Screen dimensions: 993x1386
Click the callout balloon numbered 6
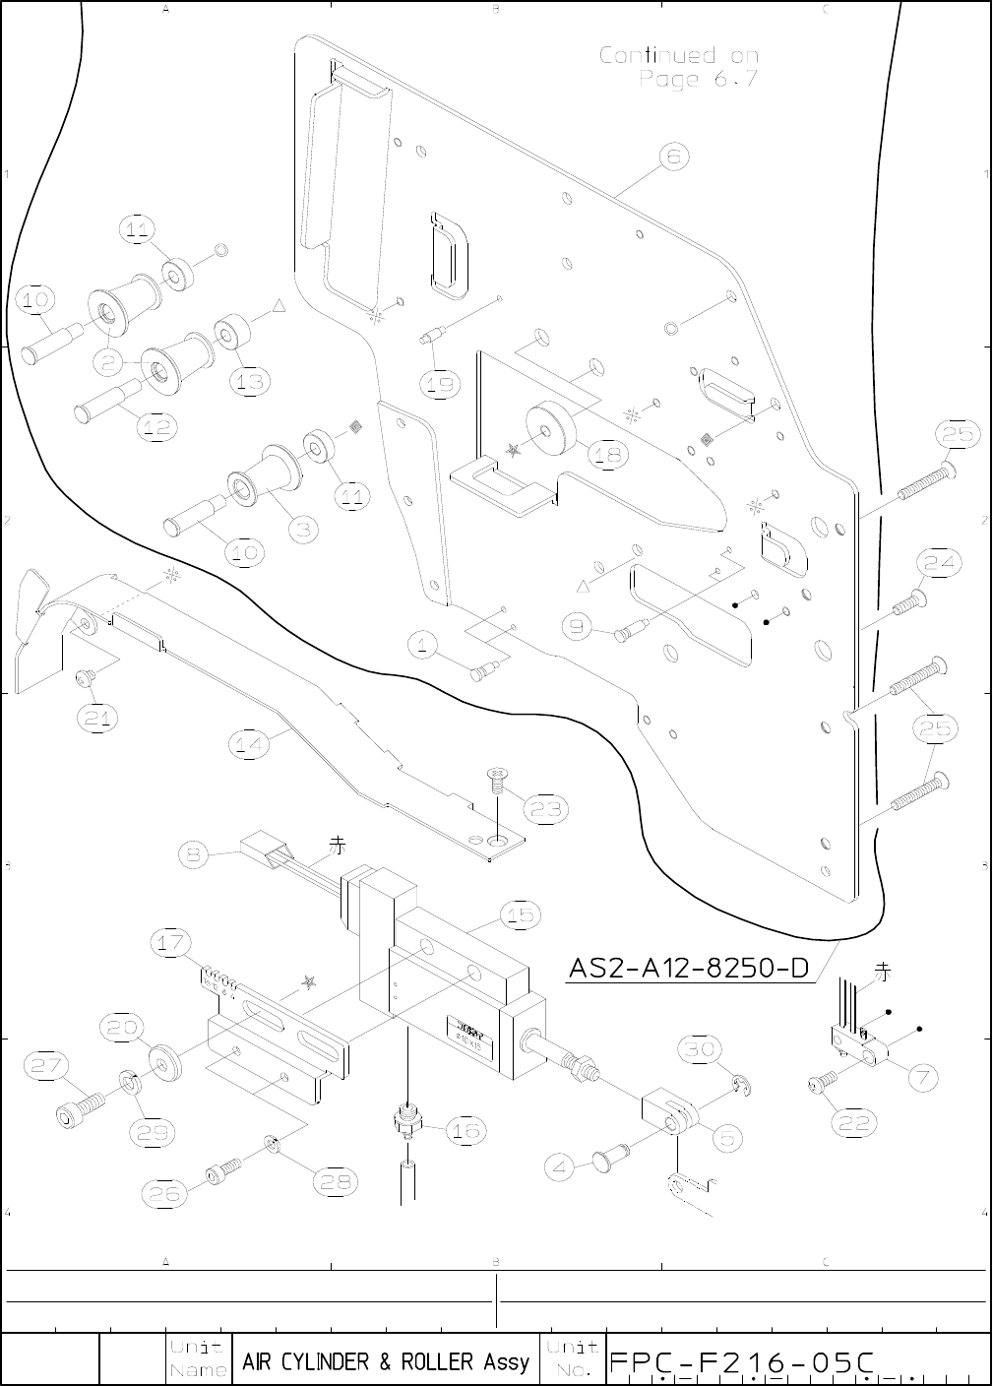(x=673, y=157)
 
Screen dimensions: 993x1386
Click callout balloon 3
(x=304, y=529)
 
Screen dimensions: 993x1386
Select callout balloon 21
(x=97, y=719)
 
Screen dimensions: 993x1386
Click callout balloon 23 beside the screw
(x=544, y=808)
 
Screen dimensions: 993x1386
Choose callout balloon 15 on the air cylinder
(x=520, y=915)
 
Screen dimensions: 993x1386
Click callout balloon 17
(x=169, y=943)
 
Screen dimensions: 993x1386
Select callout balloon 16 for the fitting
(x=465, y=1131)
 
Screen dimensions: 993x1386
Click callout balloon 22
(x=854, y=1121)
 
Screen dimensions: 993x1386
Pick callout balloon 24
(x=939, y=562)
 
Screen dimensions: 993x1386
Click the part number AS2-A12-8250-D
(x=688, y=969)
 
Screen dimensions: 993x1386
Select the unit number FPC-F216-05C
(x=742, y=1362)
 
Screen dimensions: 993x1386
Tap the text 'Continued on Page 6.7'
(x=679, y=67)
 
